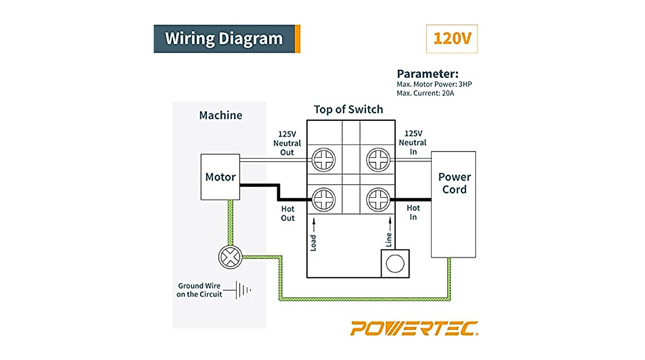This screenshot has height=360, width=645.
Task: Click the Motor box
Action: pyautogui.click(x=220, y=177)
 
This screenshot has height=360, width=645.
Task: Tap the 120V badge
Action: pyautogui.click(x=451, y=39)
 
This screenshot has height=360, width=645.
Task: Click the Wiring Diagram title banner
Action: pyautogui.click(x=226, y=39)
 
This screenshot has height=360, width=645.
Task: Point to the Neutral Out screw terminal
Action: pyautogui.click(x=324, y=160)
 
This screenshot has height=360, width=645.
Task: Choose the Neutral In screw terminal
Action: pyautogui.click(x=377, y=160)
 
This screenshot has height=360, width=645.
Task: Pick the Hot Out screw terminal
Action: pyautogui.click(x=324, y=200)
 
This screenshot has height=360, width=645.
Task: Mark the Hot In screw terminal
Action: pyautogui.click(x=377, y=200)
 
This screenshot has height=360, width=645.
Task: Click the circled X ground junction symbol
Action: pyautogui.click(x=230, y=257)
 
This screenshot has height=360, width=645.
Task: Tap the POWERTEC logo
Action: pyautogui.click(x=414, y=328)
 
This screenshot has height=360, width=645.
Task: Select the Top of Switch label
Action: pyautogui.click(x=348, y=110)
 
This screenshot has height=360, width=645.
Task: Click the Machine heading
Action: pyautogui.click(x=220, y=115)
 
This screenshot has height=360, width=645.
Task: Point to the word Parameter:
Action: pyautogui.click(x=427, y=74)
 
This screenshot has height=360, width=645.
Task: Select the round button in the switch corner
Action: pyautogui.click(x=396, y=263)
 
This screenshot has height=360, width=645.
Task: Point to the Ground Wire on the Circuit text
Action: pyautogui.click(x=199, y=290)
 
